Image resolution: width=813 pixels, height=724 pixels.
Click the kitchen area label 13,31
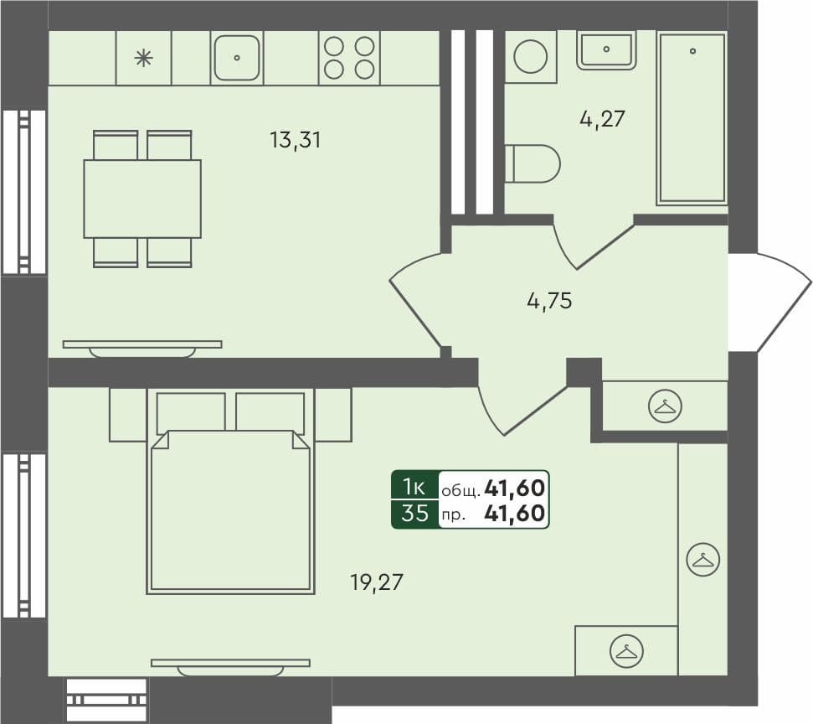tap(295, 140)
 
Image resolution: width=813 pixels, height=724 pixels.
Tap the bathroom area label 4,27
tap(602, 118)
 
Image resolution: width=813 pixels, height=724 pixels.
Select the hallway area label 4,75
tap(549, 301)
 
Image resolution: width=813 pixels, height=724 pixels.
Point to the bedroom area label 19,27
tap(377, 581)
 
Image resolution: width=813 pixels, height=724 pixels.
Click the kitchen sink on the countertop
tap(237, 58)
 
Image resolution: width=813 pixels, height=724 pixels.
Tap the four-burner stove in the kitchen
tap(349, 58)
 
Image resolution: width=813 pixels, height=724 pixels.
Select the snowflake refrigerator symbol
tap(143, 58)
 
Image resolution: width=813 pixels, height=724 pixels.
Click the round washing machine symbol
tap(531, 57)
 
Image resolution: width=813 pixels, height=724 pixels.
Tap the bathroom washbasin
tap(606, 49)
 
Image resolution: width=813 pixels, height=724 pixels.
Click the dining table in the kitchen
tap(142, 199)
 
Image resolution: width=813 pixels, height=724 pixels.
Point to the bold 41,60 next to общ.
tap(520, 486)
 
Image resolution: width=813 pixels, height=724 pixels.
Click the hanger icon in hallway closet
tap(666, 406)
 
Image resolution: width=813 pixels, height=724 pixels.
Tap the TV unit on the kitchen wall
tap(142, 346)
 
